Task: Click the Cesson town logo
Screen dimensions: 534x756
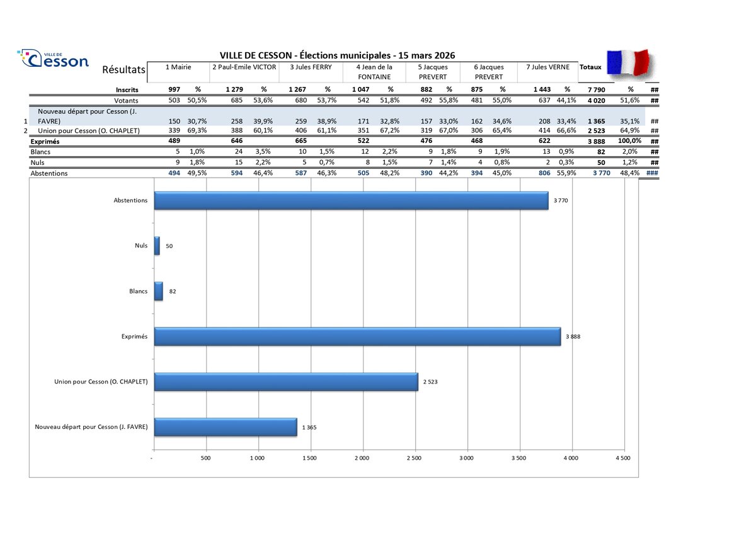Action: click(x=54, y=59)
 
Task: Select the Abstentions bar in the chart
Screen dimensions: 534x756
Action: click(x=351, y=200)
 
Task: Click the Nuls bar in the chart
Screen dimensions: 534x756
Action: click(x=157, y=246)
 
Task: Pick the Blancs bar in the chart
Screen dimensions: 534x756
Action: click(x=159, y=291)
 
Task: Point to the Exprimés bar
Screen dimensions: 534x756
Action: click(x=357, y=336)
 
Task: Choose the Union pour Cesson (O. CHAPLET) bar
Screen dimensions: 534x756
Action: click(x=286, y=382)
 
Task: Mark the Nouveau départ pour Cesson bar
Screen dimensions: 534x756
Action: click(x=225, y=427)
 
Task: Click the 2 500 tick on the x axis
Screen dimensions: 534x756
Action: click(x=414, y=458)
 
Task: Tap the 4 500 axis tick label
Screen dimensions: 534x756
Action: click(x=622, y=458)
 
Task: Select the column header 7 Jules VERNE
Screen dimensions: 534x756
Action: click(x=547, y=67)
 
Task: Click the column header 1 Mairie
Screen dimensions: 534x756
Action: click(x=178, y=67)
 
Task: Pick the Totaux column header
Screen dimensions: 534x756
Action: click(x=590, y=67)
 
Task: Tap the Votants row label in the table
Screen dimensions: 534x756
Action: click(x=126, y=100)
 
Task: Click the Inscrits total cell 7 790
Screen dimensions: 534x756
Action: click(x=595, y=89)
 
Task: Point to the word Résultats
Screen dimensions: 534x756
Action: click(x=123, y=69)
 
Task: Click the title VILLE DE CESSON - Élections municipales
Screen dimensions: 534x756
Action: click(x=337, y=55)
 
